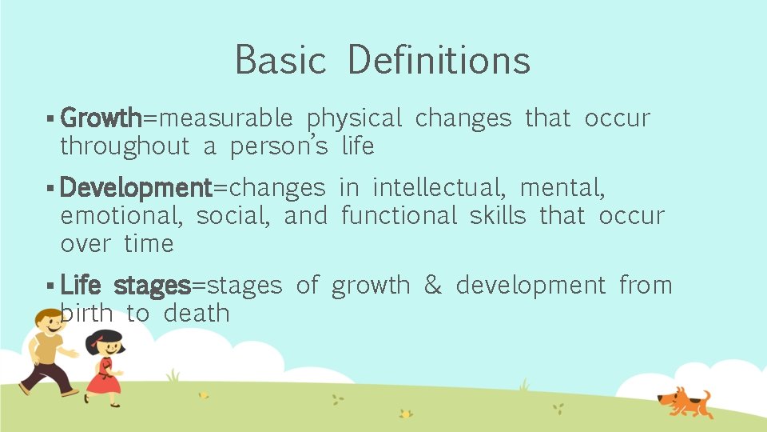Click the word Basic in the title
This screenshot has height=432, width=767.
(x=280, y=60)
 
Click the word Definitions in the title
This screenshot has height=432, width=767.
(x=439, y=60)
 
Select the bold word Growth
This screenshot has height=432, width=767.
(x=101, y=118)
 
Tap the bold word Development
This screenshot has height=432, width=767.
(x=135, y=188)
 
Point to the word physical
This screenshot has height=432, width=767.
(x=354, y=119)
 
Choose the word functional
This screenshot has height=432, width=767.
(x=399, y=216)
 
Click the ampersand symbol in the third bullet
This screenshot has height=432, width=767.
(x=432, y=286)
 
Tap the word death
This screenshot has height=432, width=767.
(x=197, y=314)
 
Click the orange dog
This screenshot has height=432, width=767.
(x=683, y=401)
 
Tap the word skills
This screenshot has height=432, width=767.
(x=498, y=216)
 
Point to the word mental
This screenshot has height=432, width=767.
(x=562, y=188)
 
